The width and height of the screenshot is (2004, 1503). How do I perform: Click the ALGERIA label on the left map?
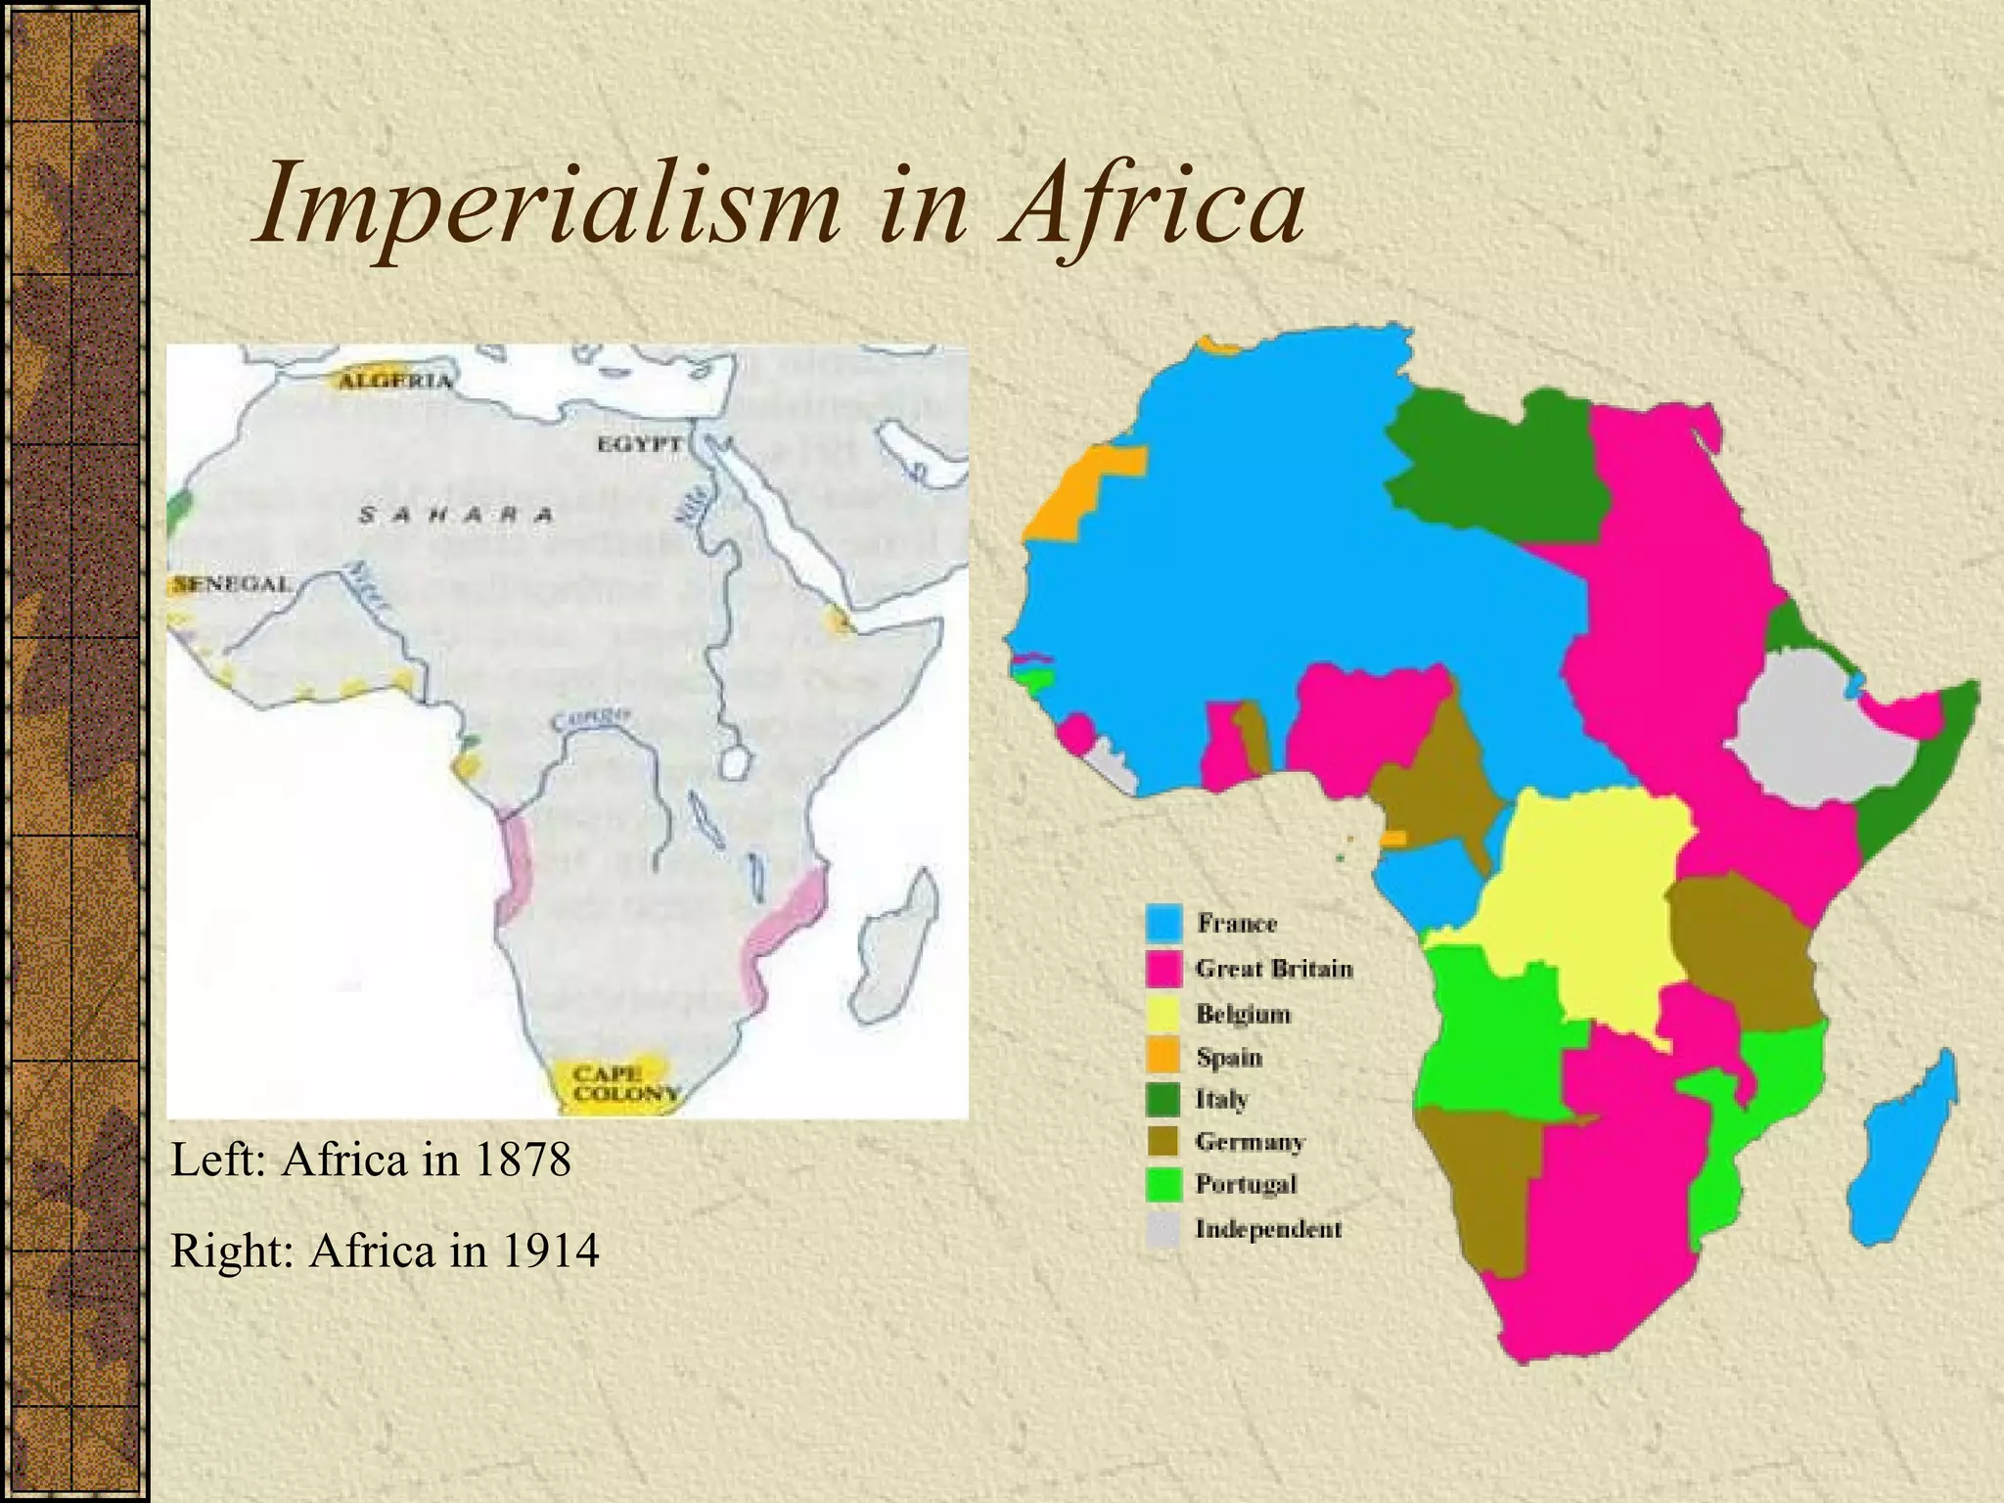[395, 381]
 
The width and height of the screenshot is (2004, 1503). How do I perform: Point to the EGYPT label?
[640, 443]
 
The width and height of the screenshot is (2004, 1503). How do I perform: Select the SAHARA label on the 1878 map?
[456, 515]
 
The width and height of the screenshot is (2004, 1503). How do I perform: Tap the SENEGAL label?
[233, 584]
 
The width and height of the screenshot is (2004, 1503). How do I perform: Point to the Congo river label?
[593, 718]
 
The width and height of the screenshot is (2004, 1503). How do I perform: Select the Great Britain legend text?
[1274, 969]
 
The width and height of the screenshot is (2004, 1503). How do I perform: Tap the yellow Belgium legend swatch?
[1163, 1014]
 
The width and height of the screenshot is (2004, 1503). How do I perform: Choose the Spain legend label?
[1229, 1058]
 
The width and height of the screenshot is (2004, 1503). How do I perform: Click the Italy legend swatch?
[1163, 1100]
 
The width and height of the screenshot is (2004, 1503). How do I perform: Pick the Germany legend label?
[1250, 1142]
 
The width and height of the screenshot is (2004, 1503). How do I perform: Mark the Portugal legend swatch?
[1163, 1185]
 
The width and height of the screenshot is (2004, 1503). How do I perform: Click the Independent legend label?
[1268, 1229]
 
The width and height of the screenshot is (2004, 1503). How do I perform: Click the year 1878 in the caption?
[522, 1161]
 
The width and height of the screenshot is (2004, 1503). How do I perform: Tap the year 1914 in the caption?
[550, 1251]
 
